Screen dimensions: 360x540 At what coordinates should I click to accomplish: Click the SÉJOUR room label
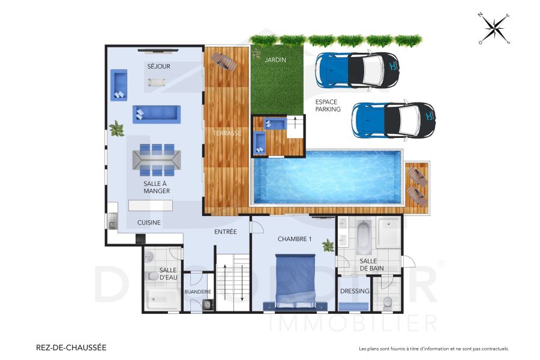click(x=158, y=66)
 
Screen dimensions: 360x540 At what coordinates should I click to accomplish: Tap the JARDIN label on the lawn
click(x=276, y=60)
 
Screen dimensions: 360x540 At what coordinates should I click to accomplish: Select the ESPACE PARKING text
click(x=328, y=106)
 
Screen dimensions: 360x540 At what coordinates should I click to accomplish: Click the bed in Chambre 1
click(x=295, y=281)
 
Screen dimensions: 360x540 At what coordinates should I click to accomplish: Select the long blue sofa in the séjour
click(x=156, y=113)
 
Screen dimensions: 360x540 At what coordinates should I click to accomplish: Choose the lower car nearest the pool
click(x=394, y=119)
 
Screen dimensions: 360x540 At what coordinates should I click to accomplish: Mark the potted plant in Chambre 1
click(x=328, y=245)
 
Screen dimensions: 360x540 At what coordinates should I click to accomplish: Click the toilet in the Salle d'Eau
click(x=151, y=276)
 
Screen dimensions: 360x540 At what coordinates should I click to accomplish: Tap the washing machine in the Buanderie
click(x=207, y=305)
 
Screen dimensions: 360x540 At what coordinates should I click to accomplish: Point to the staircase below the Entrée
click(x=232, y=282)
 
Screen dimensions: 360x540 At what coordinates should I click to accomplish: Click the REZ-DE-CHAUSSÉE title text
click(x=71, y=347)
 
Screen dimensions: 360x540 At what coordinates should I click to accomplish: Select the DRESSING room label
click(x=354, y=292)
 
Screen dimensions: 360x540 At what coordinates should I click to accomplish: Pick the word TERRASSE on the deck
click(x=227, y=133)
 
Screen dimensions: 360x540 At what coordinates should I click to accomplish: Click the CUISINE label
click(x=148, y=222)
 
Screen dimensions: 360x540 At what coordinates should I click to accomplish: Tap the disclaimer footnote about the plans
click(x=433, y=349)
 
